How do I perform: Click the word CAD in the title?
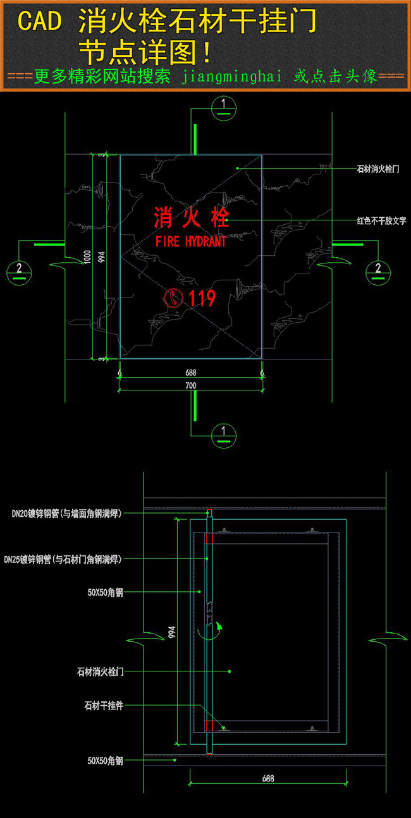click(40, 22)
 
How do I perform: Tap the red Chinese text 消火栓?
click(191, 219)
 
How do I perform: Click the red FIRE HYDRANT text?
click(190, 241)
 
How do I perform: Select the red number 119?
click(202, 298)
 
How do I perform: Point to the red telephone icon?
click(173, 298)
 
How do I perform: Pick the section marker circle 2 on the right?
click(378, 271)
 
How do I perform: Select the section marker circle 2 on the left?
click(19, 272)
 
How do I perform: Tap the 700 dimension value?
click(190, 386)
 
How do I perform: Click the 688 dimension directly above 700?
click(190, 373)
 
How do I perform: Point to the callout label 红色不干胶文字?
click(381, 221)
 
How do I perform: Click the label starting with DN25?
click(63, 559)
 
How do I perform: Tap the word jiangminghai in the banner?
click(232, 76)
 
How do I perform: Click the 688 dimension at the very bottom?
click(268, 779)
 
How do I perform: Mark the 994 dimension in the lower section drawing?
click(171, 634)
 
